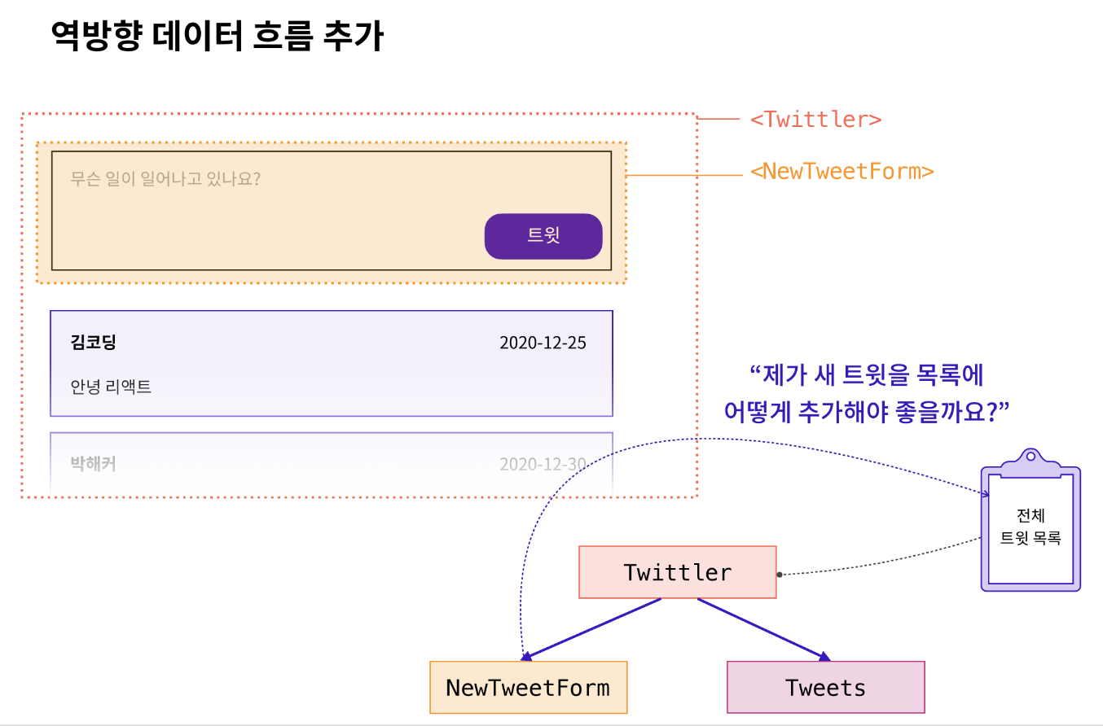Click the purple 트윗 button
[x=543, y=236]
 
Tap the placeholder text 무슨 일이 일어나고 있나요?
[x=165, y=178]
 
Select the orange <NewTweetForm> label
[x=842, y=172]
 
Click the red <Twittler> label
[x=815, y=120]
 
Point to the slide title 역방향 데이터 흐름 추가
[x=217, y=37]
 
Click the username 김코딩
[x=94, y=342]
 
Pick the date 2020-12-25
[x=543, y=343]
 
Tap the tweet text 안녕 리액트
[x=111, y=387]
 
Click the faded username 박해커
[x=94, y=464]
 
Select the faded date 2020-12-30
[x=543, y=464]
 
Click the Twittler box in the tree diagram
[x=677, y=572]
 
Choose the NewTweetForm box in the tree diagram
[x=528, y=688]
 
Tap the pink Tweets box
[x=825, y=688]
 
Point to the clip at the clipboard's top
[x=1030, y=461]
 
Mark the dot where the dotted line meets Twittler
[x=780, y=575]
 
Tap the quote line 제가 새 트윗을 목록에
[x=867, y=375]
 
